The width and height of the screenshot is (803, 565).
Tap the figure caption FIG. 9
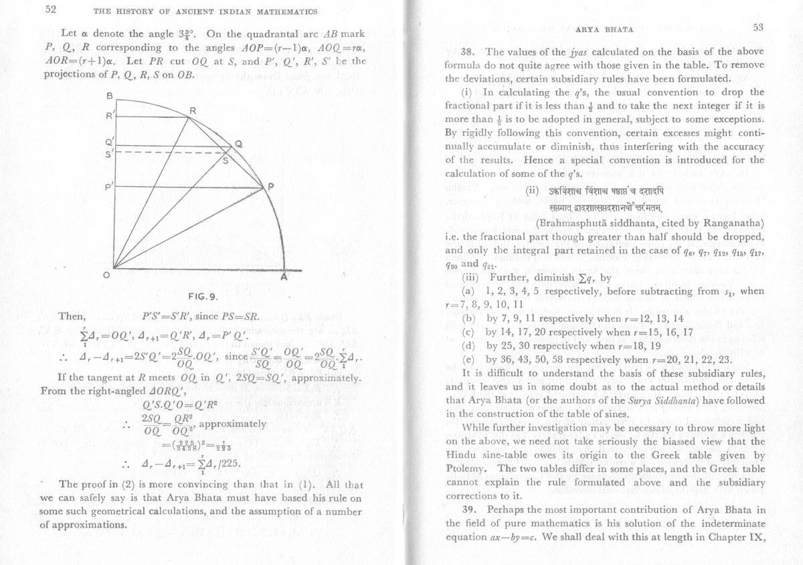[x=201, y=297]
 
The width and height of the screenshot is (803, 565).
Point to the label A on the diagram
[x=284, y=277]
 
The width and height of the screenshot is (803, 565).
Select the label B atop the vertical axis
[x=108, y=96]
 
